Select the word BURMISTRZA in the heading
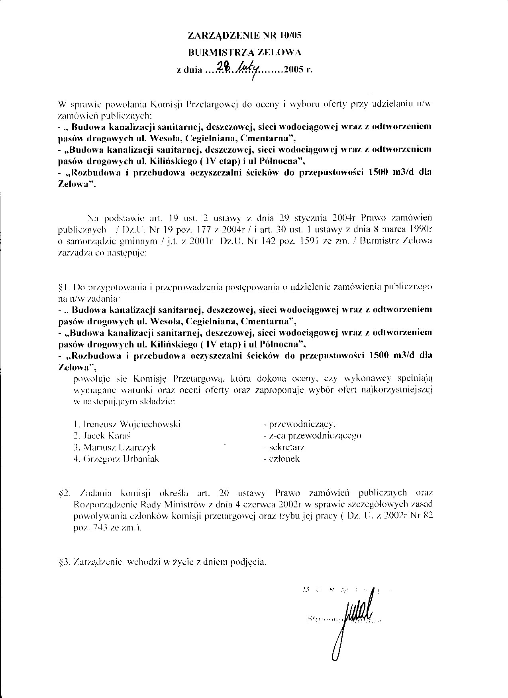pyautogui.click(x=215, y=52)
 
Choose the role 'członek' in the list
pyautogui.click(x=284, y=459)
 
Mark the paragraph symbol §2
pyautogui.click(x=65, y=494)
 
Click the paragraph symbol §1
pyautogui.click(x=64, y=287)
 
